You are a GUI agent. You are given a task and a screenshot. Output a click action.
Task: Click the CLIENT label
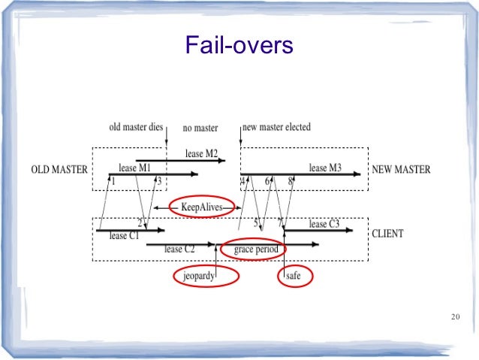(387, 234)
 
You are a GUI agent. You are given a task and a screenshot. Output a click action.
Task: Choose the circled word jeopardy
(195, 277)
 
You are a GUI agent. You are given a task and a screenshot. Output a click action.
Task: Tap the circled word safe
(294, 277)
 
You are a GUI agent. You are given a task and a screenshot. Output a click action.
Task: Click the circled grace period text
(256, 249)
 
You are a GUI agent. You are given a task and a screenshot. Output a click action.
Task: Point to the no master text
(200, 128)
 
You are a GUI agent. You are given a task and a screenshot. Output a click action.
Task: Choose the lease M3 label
(325, 168)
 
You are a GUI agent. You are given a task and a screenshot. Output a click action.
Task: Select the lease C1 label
(125, 236)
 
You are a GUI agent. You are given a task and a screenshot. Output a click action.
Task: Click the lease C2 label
(179, 249)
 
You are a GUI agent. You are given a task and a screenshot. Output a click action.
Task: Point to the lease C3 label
(324, 224)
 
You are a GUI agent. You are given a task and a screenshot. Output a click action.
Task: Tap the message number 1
(113, 181)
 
